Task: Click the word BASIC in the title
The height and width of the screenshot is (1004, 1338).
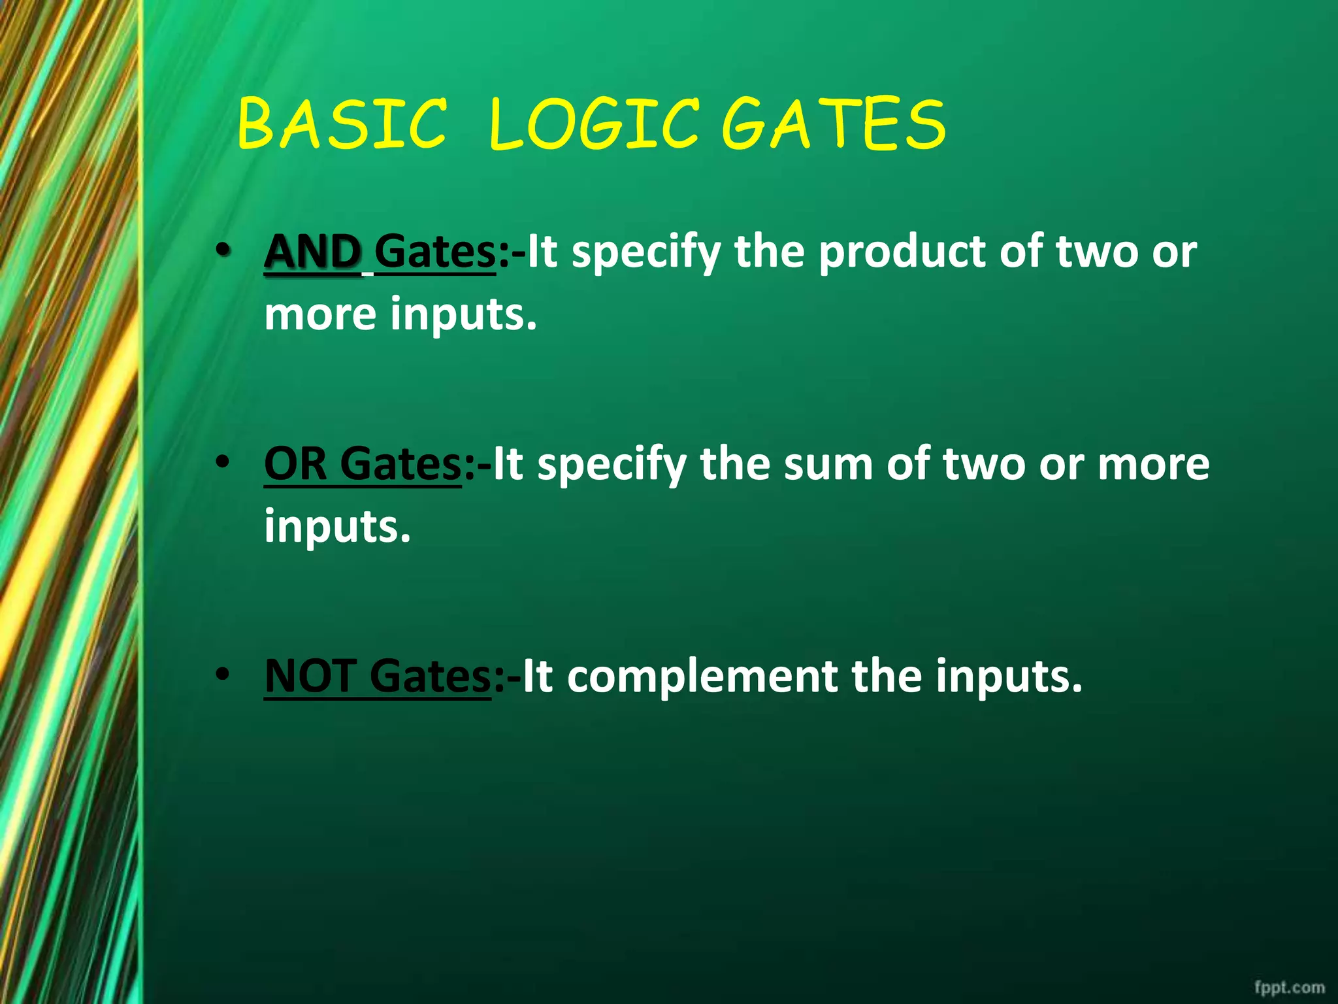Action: [x=342, y=124]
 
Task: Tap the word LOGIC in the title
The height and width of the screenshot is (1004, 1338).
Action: [x=593, y=124]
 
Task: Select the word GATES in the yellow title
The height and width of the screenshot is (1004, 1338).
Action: [x=834, y=124]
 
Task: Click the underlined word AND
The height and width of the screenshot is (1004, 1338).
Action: [x=313, y=252]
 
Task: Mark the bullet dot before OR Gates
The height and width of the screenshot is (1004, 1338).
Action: [x=224, y=462]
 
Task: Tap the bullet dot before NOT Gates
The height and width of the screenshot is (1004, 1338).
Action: [x=224, y=674]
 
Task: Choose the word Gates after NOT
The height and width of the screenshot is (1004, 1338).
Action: [x=429, y=676]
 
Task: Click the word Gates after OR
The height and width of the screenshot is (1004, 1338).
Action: [x=400, y=465]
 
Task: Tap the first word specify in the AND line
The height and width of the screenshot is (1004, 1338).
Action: [x=646, y=252]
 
